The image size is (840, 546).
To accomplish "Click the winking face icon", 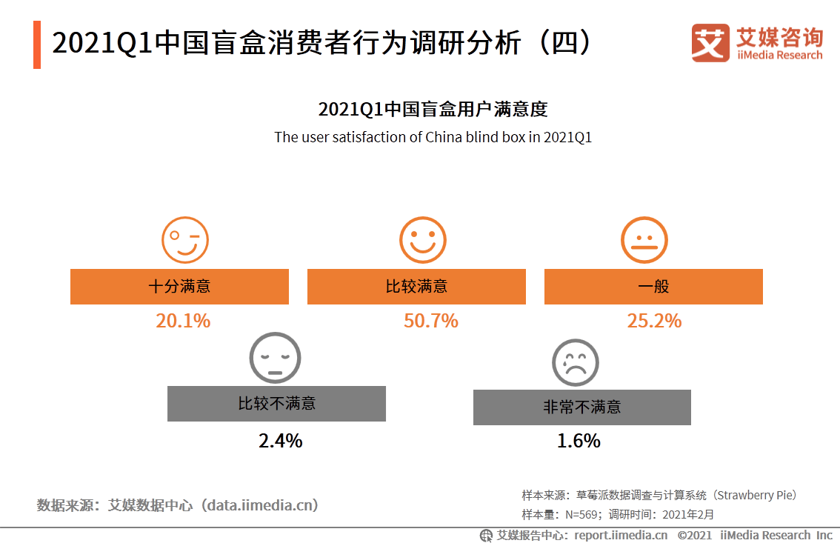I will [185, 240].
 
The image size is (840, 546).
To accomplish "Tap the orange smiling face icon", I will [423, 240].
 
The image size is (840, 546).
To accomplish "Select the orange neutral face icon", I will [644, 240].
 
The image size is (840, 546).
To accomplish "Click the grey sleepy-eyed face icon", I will [276, 357].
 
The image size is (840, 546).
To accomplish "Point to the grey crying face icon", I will [575, 362].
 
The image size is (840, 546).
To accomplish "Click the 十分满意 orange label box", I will [179, 287].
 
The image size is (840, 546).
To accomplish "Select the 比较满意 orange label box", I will [416, 287].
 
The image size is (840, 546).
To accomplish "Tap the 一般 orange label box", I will [653, 287].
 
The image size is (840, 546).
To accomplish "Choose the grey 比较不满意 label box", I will [276, 404].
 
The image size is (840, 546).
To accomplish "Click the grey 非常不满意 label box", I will [581, 407].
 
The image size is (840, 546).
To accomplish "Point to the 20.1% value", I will [183, 321].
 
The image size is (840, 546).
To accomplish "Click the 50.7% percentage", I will [430, 321].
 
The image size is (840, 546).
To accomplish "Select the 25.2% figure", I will [653, 321].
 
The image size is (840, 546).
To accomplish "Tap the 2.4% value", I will [280, 441].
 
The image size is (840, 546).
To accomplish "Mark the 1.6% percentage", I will [579, 441].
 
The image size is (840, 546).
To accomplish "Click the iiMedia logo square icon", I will [710, 43].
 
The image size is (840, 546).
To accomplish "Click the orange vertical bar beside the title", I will [37, 45].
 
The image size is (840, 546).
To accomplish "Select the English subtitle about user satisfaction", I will [433, 137].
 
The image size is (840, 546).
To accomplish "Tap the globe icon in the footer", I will [486, 535].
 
